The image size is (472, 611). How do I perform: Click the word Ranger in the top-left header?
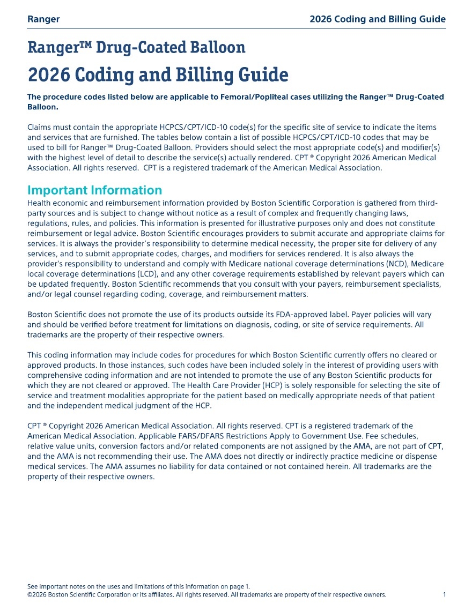coord(43,19)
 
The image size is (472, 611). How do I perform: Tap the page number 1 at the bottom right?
coord(444,595)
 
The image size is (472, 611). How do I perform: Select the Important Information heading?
coord(94,190)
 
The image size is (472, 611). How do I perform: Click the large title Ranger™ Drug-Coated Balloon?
coord(136,48)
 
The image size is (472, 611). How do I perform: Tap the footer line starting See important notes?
coord(138,586)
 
